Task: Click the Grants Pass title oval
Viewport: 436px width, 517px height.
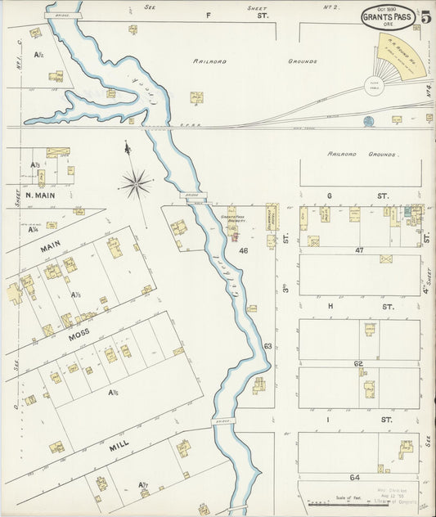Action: [387, 16]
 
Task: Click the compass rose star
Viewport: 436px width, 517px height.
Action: [136, 182]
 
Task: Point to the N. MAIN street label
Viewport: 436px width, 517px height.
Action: [40, 196]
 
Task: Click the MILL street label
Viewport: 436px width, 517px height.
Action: [119, 448]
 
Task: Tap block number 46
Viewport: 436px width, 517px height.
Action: [243, 250]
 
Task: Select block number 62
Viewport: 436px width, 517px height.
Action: [357, 363]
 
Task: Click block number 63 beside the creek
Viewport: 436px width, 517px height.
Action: [267, 346]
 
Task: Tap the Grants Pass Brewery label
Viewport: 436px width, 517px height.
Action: [235, 218]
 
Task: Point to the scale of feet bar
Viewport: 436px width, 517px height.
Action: [337, 502]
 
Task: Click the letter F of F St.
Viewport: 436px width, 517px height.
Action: [208, 16]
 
